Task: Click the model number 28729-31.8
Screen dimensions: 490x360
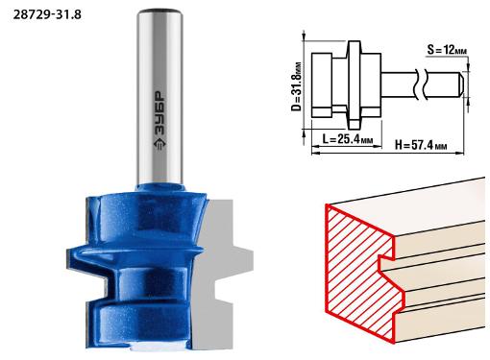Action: tap(47, 14)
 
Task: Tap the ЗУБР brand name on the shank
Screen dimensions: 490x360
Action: tap(159, 113)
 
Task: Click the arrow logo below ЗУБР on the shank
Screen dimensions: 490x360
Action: tap(159, 144)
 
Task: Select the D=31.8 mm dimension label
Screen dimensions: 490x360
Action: tap(296, 86)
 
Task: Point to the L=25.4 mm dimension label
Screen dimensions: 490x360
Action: tap(347, 139)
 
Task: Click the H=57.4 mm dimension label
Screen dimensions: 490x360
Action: tap(421, 145)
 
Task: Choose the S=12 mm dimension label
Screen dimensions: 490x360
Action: tap(447, 50)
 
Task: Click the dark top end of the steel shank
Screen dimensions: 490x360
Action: tap(159, 12)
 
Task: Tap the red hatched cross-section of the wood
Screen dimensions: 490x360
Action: tap(357, 272)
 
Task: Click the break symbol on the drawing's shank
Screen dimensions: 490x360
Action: tap(422, 84)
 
